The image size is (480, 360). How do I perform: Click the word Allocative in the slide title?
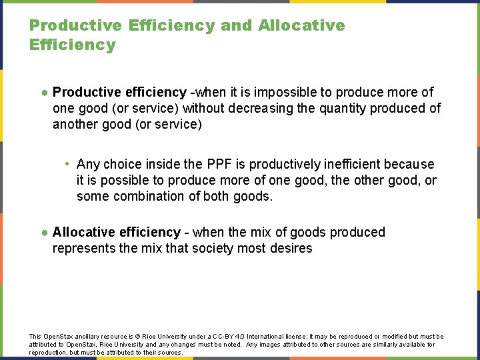[301, 26]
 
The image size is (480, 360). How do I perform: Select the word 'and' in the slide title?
[236, 26]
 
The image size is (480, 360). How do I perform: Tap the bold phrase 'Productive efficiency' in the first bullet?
[119, 92]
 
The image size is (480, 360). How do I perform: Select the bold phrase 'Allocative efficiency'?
[117, 232]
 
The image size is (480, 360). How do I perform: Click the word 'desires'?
[290, 248]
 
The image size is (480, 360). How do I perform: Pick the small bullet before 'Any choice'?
[68, 164]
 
